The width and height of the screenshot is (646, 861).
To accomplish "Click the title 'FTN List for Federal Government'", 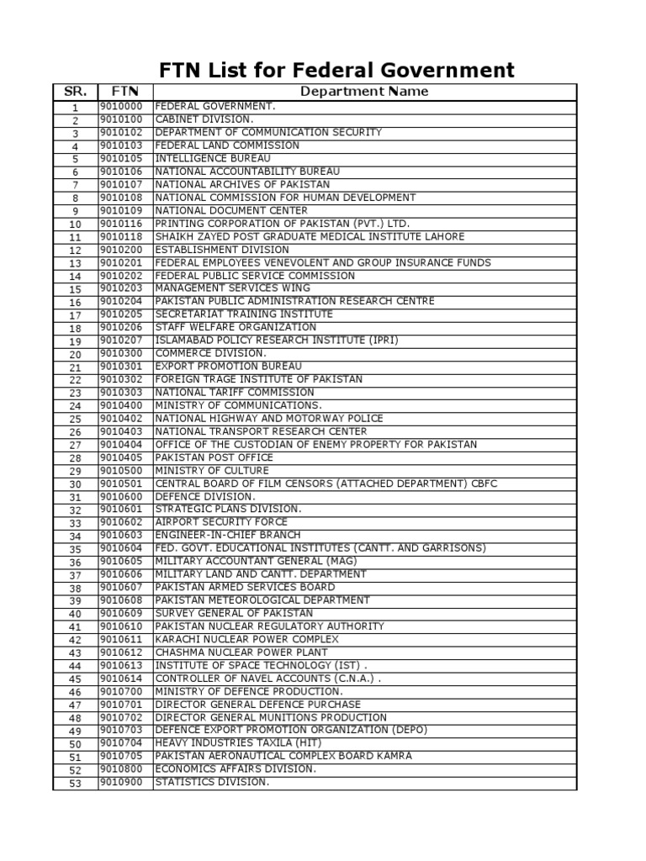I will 336,69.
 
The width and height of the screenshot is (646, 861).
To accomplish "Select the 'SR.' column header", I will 75,92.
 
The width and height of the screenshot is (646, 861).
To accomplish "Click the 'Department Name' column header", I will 364,92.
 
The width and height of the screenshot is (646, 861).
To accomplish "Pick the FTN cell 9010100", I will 121,119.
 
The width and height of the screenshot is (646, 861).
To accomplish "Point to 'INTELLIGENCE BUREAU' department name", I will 213,158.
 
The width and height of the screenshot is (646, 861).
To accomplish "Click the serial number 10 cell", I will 75,224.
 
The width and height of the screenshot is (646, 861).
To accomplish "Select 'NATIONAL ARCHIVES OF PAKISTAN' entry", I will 242,184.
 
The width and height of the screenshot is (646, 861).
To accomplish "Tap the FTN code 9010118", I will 121,237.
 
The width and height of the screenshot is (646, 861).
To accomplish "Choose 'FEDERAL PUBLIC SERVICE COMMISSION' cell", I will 255,276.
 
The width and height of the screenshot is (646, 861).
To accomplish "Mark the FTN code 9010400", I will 121,405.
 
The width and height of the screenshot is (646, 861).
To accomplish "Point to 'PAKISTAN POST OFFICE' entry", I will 214,457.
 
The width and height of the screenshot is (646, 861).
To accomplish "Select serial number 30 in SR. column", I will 75,484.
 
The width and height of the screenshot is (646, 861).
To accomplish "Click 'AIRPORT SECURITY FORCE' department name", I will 221,522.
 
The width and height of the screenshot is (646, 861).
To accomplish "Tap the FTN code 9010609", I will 121,613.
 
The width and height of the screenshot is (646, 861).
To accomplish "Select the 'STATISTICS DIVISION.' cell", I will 212,782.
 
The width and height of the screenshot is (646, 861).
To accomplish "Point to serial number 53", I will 75,783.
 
